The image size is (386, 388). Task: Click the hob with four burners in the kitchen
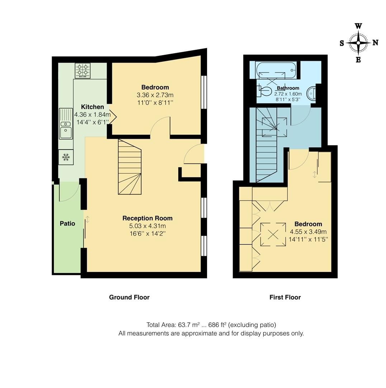click(83, 70)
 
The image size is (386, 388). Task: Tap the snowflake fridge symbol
click(66, 157)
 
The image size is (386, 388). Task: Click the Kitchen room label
click(92, 107)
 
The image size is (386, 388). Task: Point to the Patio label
click(67, 223)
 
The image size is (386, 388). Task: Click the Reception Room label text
click(147, 218)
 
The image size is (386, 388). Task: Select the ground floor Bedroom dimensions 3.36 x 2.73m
click(155, 95)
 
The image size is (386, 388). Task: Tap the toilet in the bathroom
click(264, 91)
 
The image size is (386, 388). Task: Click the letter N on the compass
click(375, 43)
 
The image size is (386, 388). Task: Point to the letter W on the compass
click(358, 26)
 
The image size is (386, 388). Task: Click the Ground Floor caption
click(129, 297)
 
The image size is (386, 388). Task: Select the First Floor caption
click(285, 297)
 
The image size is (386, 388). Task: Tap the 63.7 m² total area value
click(189, 325)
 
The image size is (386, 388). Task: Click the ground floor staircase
click(130, 167)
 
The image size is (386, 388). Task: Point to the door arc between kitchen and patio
click(69, 192)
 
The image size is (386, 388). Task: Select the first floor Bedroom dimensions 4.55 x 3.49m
click(308, 232)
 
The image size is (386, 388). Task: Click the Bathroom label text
click(288, 88)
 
